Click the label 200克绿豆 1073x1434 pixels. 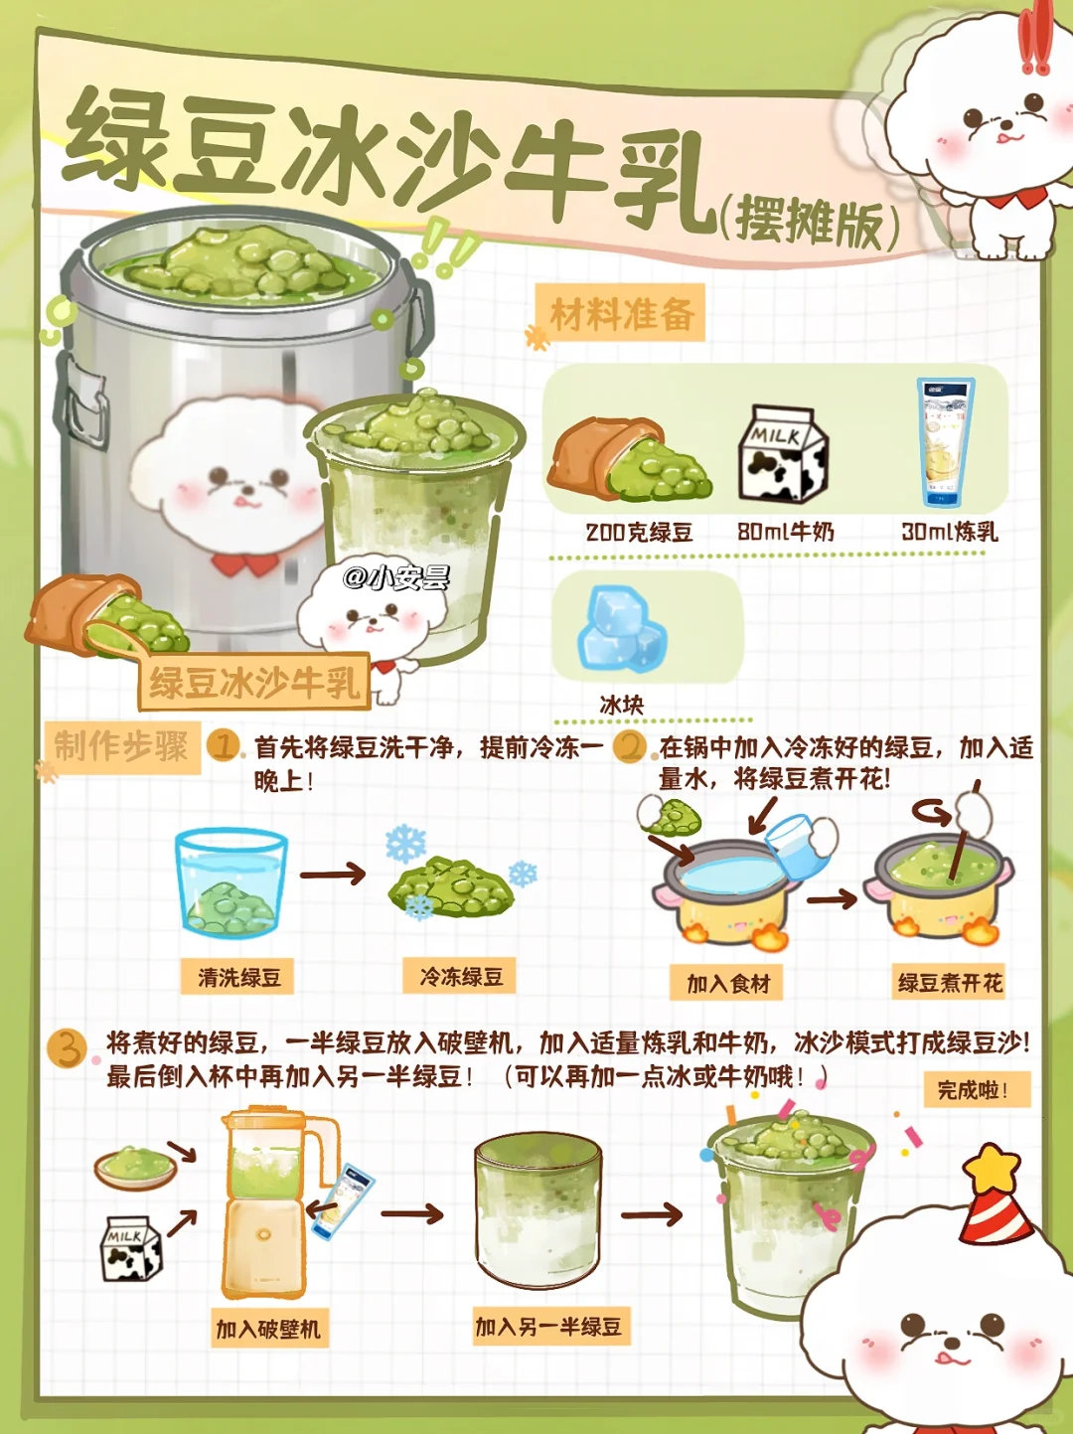(639, 533)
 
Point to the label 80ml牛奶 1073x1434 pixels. (786, 532)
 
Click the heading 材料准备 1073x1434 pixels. (621, 314)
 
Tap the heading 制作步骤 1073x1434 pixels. (121, 746)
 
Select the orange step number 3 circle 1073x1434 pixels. (67, 1048)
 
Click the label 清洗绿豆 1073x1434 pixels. (239, 978)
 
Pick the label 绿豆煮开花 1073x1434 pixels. (949, 983)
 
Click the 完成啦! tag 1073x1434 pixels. (977, 1089)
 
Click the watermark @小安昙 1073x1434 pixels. (396, 577)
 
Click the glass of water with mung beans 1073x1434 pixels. (231, 882)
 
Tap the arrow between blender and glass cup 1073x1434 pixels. (412, 1213)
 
